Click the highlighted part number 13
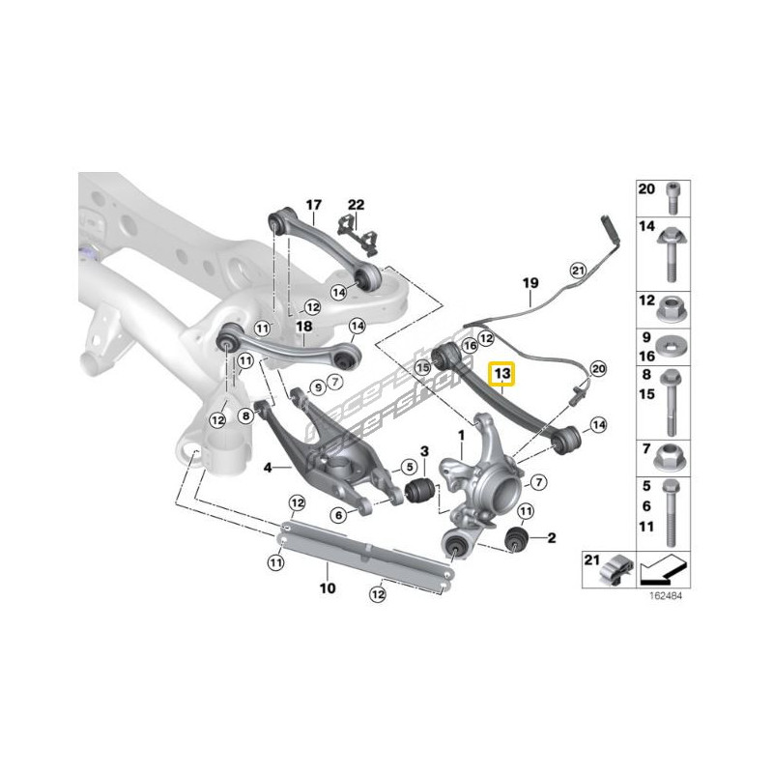coord(503,373)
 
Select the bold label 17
coord(313,205)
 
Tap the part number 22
coord(357,205)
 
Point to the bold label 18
coord(304,328)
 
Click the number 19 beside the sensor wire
coord(530,283)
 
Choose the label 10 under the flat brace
coord(327,587)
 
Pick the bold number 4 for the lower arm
coord(268,467)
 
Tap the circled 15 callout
coord(421,366)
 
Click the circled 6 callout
coord(339,516)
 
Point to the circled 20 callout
coord(598,368)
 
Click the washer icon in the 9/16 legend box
coord(673,346)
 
